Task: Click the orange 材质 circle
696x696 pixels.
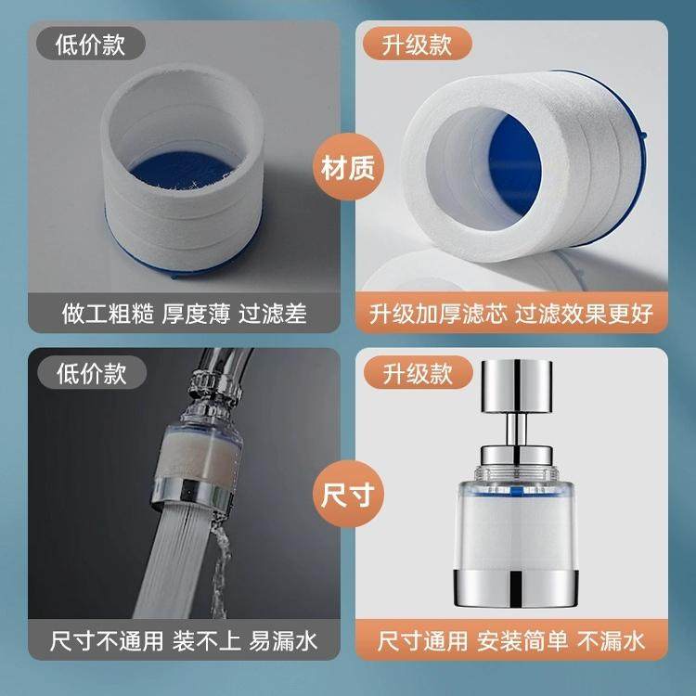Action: pos(348,167)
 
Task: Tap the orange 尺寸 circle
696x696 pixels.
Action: pos(348,494)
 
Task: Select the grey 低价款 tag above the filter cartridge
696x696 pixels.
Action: pos(91,44)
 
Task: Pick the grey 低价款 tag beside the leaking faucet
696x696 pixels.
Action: pos(92,373)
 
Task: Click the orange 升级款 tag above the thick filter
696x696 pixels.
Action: pos(417,44)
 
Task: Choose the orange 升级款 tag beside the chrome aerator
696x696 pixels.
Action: pos(418,373)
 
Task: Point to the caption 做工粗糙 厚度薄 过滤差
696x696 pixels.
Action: pos(185,314)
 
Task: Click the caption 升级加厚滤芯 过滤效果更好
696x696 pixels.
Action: pos(511,314)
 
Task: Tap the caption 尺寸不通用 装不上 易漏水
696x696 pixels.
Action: pos(184,640)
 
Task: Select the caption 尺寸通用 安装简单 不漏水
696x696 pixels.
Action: pos(511,640)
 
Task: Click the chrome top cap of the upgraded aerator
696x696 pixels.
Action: pos(517,385)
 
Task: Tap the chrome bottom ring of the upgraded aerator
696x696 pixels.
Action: pos(516,587)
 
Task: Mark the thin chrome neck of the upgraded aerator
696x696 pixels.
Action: pos(516,430)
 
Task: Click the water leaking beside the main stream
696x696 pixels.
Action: pos(219,568)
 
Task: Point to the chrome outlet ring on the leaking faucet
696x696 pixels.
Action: pos(191,493)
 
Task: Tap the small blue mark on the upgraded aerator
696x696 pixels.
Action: pos(515,491)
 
